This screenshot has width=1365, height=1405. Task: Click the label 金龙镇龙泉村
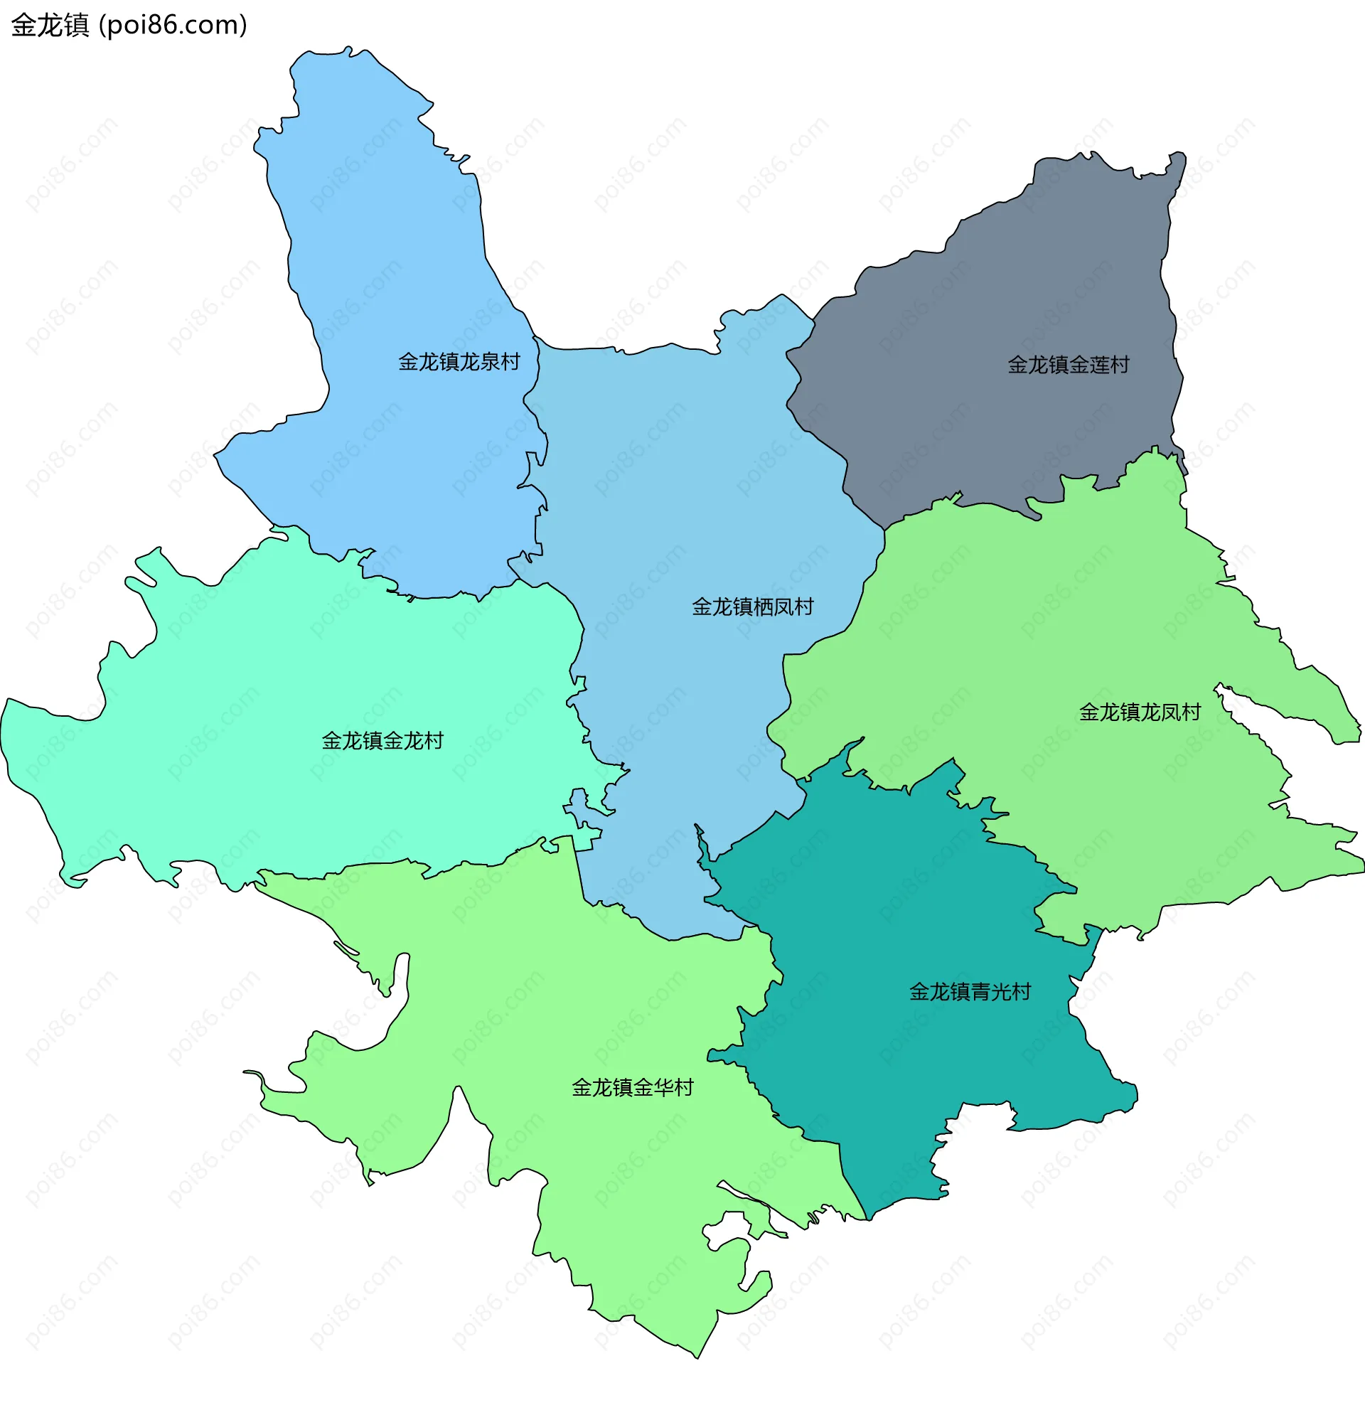coord(459,362)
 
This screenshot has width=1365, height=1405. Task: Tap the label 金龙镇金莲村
coord(1069,365)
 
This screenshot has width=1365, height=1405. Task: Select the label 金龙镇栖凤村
coord(752,607)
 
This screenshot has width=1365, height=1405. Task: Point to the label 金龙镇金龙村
coord(382,740)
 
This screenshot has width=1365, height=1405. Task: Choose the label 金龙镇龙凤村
coord(1140,712)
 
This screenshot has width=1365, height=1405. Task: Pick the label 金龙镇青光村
coord(970,992)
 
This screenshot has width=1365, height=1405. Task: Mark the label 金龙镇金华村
coord(632,1087)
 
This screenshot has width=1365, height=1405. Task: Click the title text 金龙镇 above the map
coord(50,25)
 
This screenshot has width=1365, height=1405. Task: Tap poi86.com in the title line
coord(172,25)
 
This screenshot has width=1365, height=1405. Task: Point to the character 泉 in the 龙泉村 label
coord(490,362)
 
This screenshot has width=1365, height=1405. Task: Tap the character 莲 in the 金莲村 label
coord(1099,365)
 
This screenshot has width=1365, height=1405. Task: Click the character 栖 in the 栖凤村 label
coord(763,607)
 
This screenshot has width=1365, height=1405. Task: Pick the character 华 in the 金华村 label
coord(663,1087)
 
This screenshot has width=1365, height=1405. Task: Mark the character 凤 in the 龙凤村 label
coord(1171,712)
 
